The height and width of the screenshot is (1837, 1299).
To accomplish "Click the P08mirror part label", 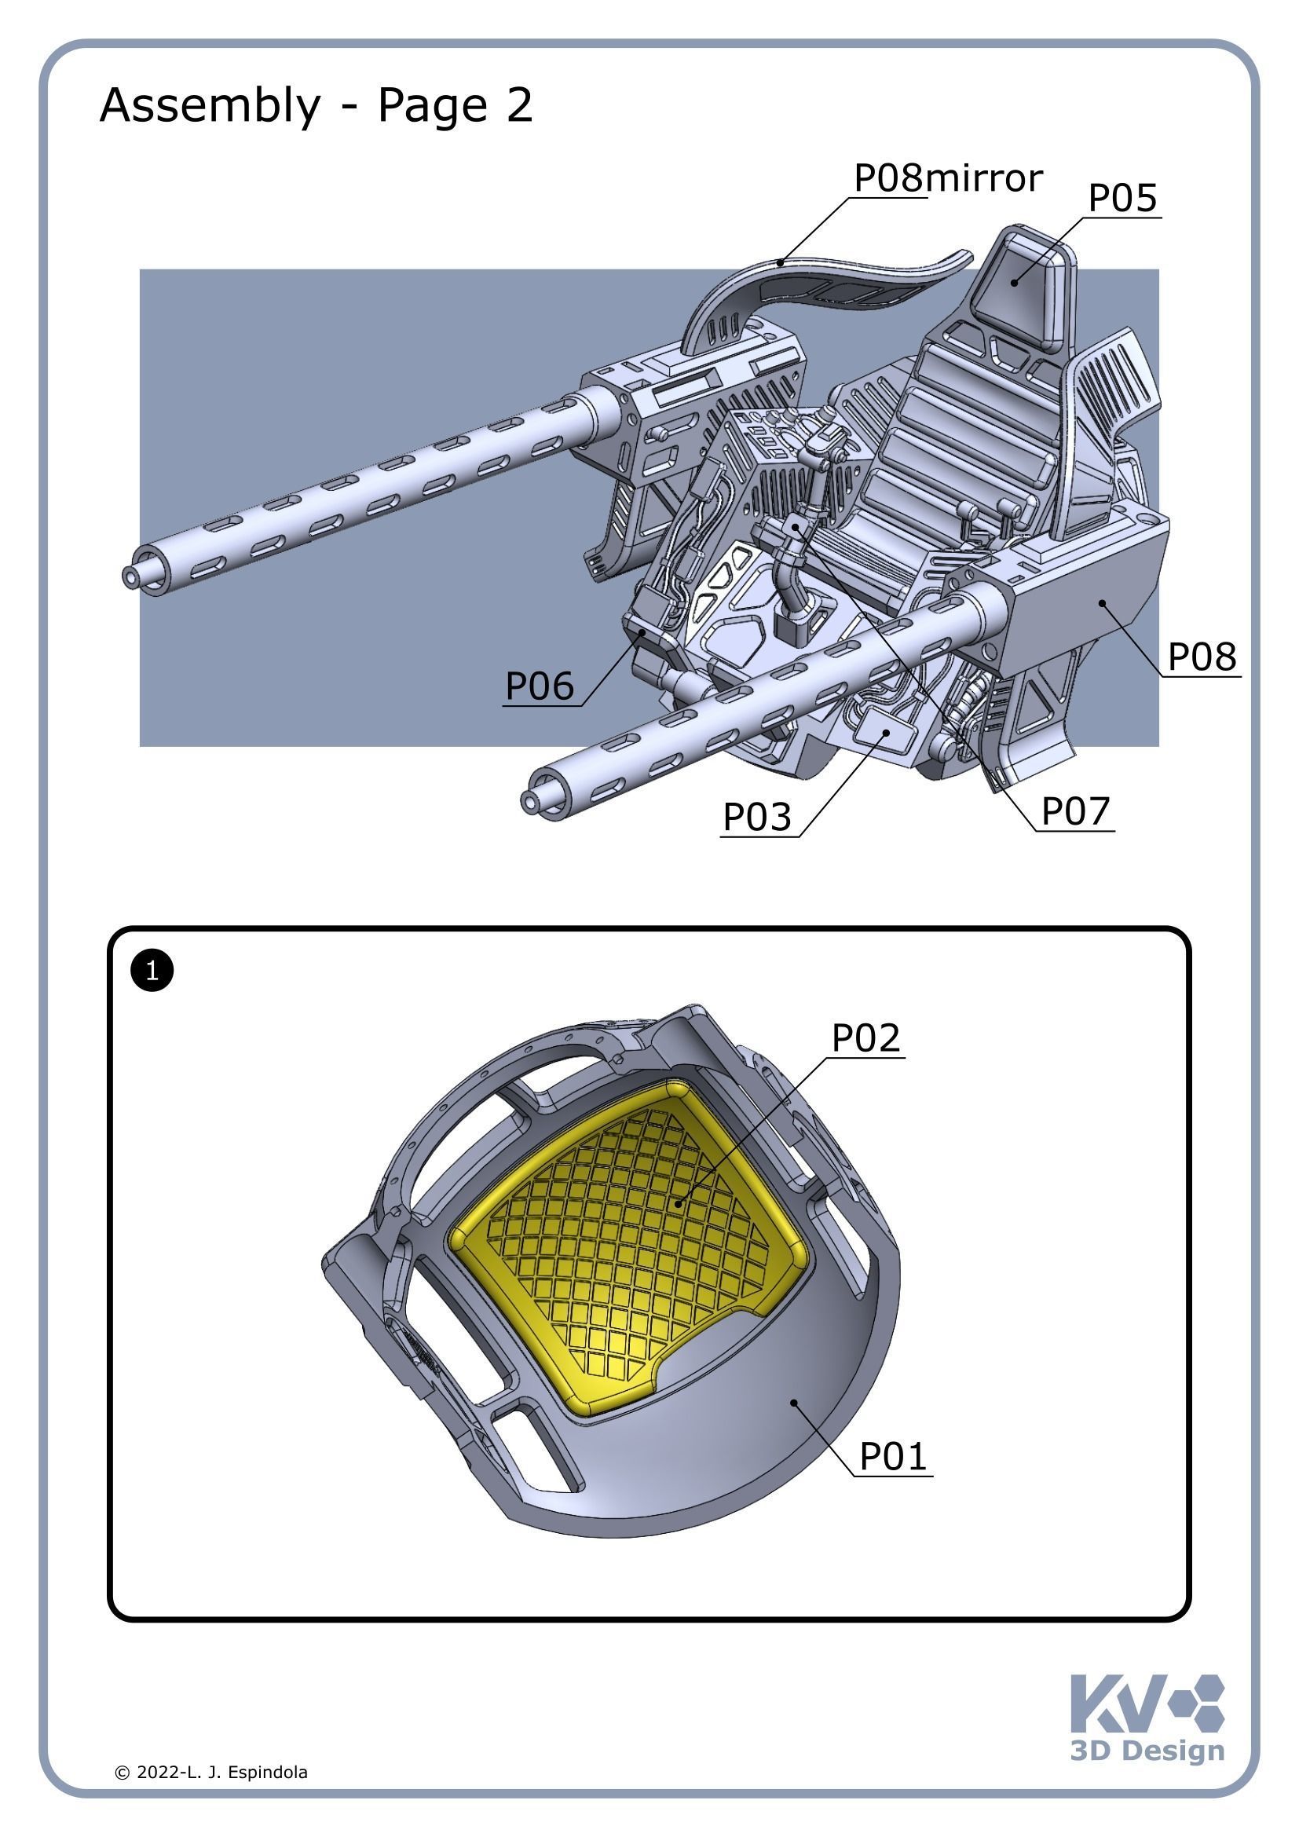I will coord(947,177).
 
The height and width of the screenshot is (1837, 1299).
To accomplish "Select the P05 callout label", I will coord(1122,198).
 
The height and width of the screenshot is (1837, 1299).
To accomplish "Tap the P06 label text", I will coord(539,686).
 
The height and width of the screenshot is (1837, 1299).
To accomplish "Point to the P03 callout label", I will coord(756,817).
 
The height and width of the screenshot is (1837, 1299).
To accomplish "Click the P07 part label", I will coord(1075,811).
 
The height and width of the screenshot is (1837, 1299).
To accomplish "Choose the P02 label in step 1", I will coord(865,1037).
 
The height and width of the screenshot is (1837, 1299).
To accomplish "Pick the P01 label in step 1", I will coord(893,1456).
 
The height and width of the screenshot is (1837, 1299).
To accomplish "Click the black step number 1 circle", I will coord(151,971).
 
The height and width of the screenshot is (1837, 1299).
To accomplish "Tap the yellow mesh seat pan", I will coord(624,1248).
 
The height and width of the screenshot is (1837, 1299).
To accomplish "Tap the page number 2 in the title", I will coord(519,104).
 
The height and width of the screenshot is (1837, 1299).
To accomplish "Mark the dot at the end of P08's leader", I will coord(1101,602).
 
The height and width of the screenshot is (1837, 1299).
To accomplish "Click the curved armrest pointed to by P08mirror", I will coord(832,280).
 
